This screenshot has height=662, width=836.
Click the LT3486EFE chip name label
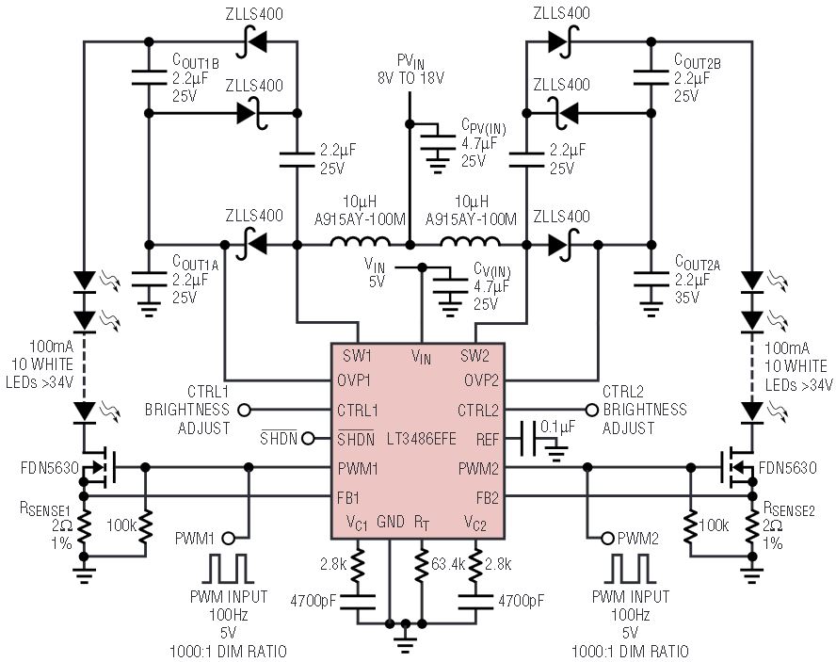click(x=422, y=439)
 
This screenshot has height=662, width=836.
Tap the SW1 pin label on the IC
click(x=357, y=356)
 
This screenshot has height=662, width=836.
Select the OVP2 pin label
click(x=481, y=380)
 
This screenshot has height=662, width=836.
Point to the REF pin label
click(x=488, y=440)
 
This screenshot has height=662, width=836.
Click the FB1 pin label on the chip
click(x=348, y=498)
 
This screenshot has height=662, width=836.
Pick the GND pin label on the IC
click(x=391, y=521)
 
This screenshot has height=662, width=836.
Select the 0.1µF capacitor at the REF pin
click(x=529, y=440)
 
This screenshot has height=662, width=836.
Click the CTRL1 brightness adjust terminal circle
click(x=244, y=411)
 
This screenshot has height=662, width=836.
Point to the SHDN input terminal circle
click(x=308, y=439)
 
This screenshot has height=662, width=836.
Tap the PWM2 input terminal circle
click(x=607, y=539)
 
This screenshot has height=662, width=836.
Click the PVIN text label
click(x=410, y=61)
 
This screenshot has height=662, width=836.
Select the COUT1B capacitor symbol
click(x=149, y=77)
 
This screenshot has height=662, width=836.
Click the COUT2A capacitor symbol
click(x=651, y=281)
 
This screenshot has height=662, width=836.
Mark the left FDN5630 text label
click(x=50, y=468)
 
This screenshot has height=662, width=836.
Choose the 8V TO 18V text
click(x=410, y=78)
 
